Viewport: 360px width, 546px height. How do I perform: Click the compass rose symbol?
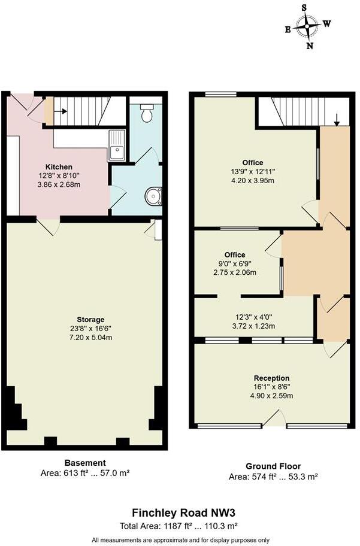(x=308, y=26)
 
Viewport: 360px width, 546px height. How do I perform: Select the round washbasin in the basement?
(x=155, y=196)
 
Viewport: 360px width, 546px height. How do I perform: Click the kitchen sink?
(x=116, y=145)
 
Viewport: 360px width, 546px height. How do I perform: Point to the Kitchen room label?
(x=59, y=166)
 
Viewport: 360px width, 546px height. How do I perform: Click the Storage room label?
(x=90, y=320)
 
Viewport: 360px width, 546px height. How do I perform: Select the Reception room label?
(x=271, y=378)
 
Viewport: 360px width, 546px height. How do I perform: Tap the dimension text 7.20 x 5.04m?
(x=90, y=338)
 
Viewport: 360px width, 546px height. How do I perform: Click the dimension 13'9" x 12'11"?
(x=252, y=172)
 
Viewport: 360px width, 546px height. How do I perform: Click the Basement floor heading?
(x=85, y=463)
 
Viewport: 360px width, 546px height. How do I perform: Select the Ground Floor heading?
(x=273, y=466)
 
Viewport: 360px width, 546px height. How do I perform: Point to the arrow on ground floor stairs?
(x=337, y=120)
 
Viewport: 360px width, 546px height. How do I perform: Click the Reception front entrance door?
(x=274, y=418)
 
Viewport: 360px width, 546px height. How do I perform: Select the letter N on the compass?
(x=310, y=45)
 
